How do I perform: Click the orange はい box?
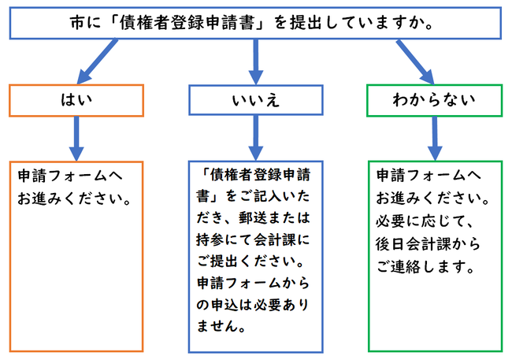click(76, 101)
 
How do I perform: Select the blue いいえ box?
click(256, 101)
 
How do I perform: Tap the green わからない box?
click(434, 101)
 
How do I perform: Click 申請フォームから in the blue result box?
click(257, 281)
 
